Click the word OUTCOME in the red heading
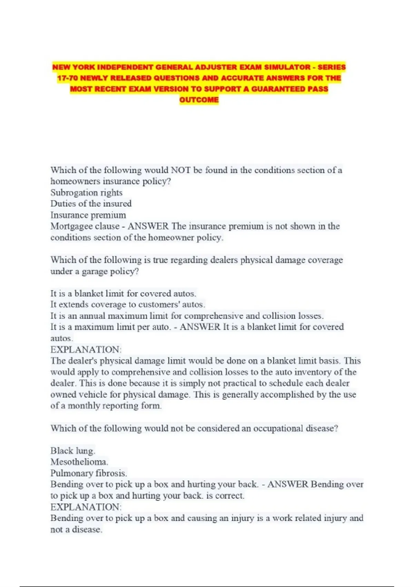(199, 100)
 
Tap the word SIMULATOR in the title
(283, 67)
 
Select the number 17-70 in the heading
(67, 78)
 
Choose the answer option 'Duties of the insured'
(91, 203)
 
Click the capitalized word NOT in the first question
(180, 170)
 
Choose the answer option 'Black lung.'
(73, 451)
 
